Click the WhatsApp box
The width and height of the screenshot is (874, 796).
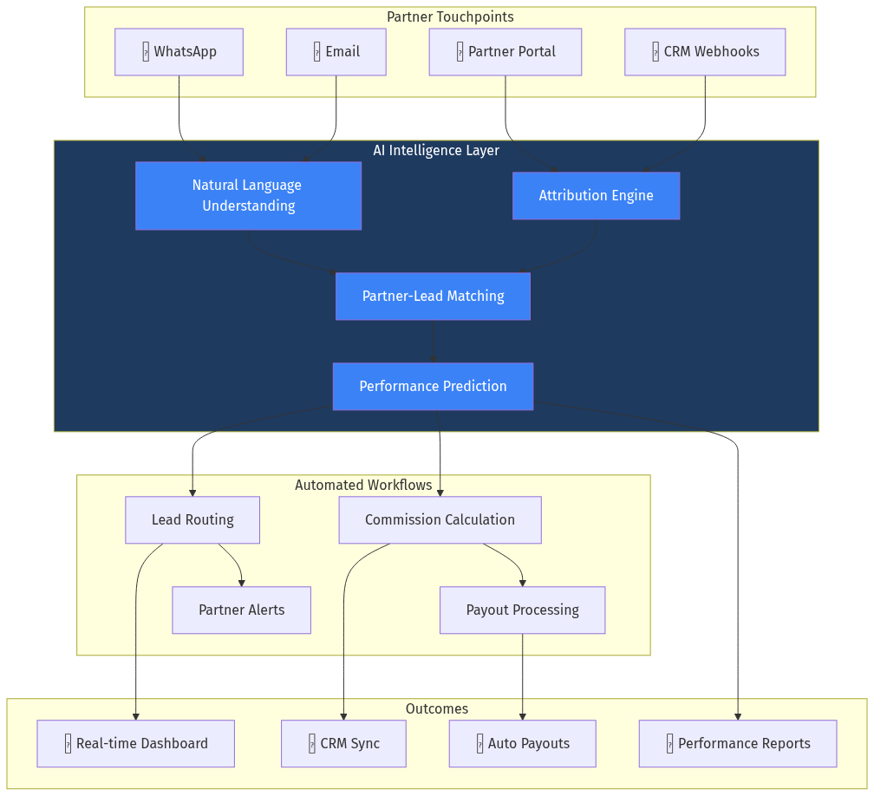[179, 52]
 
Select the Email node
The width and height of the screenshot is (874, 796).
[336, 52]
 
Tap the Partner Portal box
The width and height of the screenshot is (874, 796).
[505, 52]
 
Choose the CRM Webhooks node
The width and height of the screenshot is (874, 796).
[704, 52]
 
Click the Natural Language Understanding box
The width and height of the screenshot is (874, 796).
[248, 196]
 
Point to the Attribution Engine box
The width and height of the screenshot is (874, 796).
[596, 196]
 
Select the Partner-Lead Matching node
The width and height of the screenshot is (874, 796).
[433, 297]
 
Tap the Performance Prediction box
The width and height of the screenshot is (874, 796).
[433, 387]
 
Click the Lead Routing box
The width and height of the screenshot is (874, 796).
[192, 520]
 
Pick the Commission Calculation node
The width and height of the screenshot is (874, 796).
[440, 520]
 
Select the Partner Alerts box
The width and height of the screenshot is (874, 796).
[241, 610]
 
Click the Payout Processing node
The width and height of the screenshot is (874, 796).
[522, 610]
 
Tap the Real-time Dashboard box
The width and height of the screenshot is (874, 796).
[135, 744]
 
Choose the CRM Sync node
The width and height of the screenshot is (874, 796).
[343, 744]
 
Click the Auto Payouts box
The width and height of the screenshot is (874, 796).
[522, 744]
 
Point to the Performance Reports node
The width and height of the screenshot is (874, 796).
[737, 744]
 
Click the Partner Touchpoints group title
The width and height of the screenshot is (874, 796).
[450, 17]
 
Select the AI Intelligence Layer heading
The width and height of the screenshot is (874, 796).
[436, 151]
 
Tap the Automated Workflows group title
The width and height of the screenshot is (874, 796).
[363, 486]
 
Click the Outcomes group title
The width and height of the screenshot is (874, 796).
[437, 709]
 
